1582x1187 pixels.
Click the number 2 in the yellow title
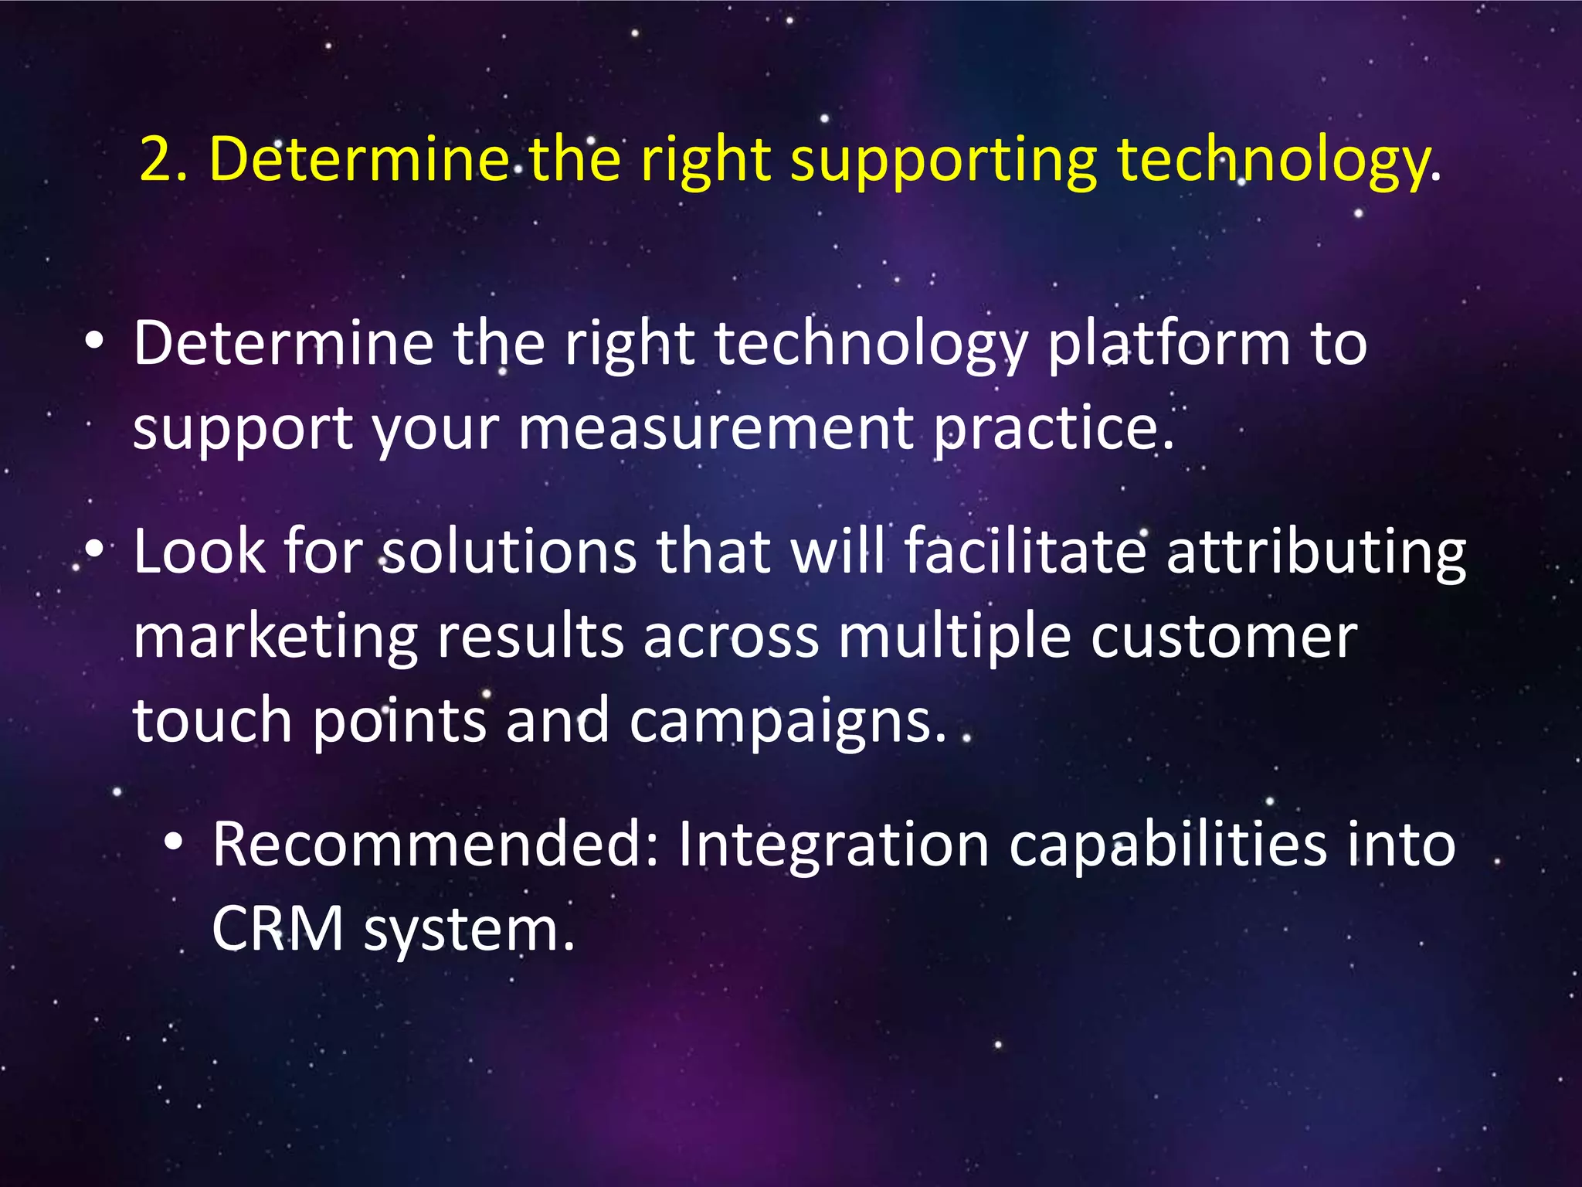coord(158,160)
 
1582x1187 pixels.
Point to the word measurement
coord(716,429)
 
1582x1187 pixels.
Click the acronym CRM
coord(277,929)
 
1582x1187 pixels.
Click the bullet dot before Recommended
coord(174,843)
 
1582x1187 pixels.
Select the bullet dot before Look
coord(94,550)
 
